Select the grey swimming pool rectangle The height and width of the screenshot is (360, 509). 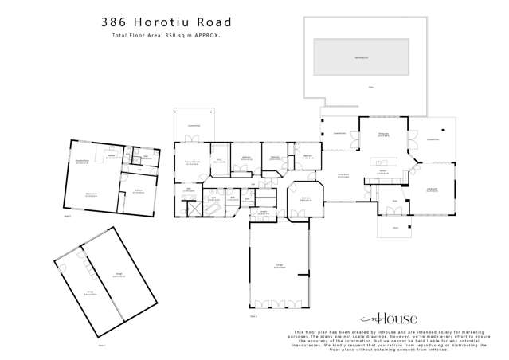click(367, 57)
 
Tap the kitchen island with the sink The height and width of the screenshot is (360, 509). click(382, 165)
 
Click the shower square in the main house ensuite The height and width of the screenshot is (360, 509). click(191, 206)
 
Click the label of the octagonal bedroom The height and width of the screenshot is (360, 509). click(304, 199)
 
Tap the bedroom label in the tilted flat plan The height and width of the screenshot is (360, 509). click(139, 190)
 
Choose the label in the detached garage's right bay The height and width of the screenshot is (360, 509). click(119, 274)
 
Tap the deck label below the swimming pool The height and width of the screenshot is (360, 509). click(370, 86)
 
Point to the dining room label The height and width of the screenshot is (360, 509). click(384, 134)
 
